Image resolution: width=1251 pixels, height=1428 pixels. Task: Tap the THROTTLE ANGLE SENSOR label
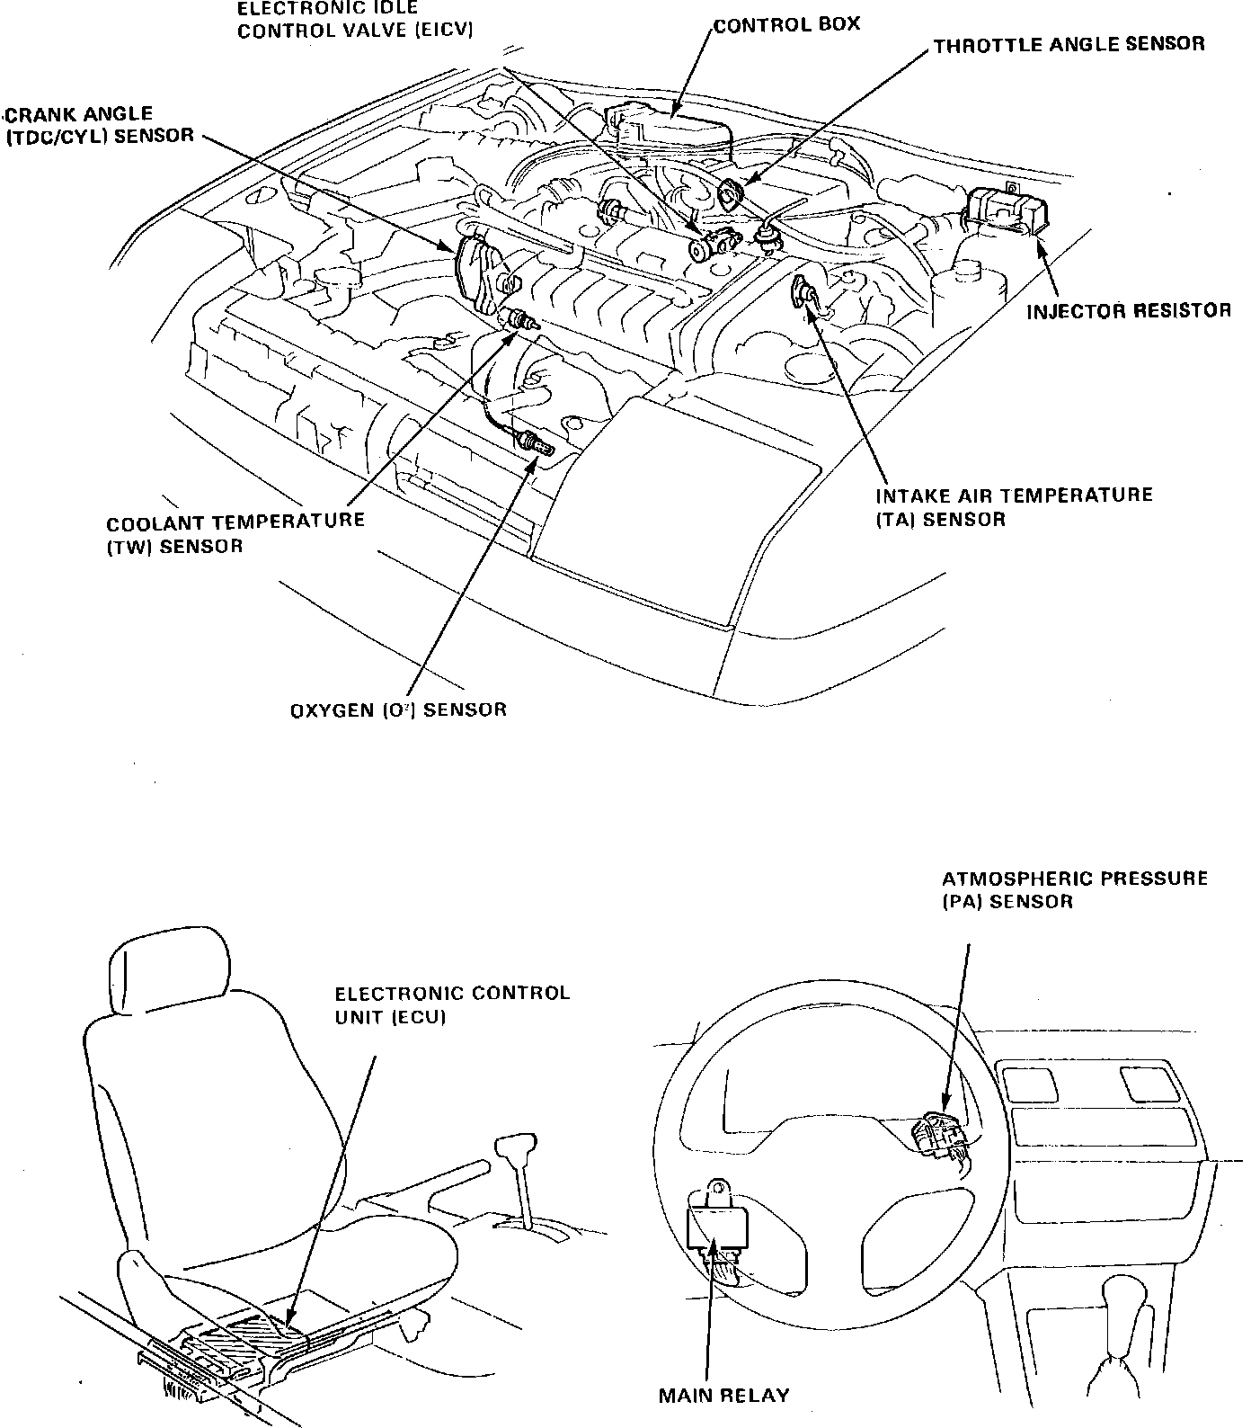click(1069, 44)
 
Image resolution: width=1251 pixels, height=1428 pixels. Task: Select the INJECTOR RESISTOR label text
click(1129, 311)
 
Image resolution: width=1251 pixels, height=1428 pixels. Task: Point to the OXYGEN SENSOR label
click(398, 710)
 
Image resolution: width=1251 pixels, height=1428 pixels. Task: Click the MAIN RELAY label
click(723, 1396)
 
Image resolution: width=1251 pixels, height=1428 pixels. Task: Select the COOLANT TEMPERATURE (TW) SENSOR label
click(235, 533)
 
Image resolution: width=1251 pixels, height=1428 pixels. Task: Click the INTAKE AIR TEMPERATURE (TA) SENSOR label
click(1014, 507)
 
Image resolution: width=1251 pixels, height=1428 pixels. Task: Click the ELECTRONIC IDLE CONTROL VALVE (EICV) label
click(355, 18)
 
